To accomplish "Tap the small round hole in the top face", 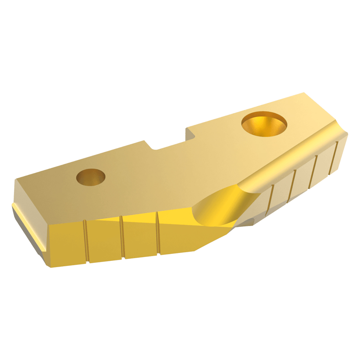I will point(91,177).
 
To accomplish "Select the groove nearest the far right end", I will point(335,157).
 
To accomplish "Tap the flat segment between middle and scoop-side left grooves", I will point(141,236).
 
